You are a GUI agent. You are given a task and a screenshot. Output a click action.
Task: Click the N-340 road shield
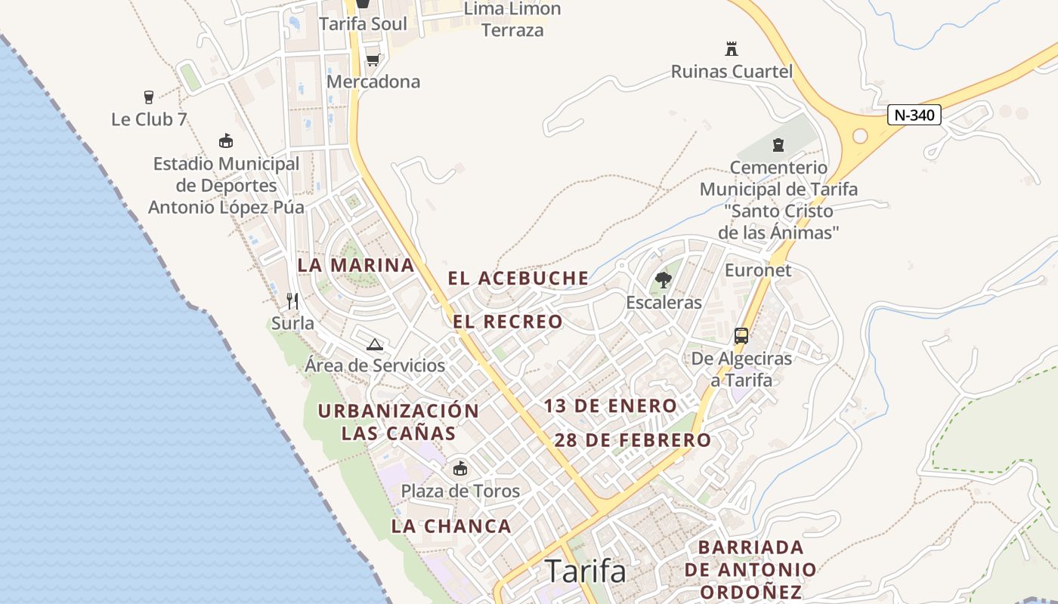click(x=914, y=116)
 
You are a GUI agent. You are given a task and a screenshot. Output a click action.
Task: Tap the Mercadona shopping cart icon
click(x=373, y=60)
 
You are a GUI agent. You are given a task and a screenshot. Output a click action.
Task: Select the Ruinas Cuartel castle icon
click(x=731, y=49)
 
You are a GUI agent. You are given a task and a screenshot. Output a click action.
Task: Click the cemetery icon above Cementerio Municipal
click(x=778, y=145)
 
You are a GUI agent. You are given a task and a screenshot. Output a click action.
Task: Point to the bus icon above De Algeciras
click(x=741, y=336)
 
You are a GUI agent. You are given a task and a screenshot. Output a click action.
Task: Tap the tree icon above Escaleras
click(x=664, y=281)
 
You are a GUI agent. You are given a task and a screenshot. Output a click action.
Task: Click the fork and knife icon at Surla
click(x=292, y=301)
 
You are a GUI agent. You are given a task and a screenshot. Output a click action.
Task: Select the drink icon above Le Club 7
click(x=149, y=97)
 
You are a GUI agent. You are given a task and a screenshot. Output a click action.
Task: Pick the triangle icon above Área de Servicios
click(x=374, y=345)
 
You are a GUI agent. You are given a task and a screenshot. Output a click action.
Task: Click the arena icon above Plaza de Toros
click(x=459, y=469)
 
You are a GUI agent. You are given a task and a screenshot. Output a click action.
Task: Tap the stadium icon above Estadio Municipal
click(x=225, y=141)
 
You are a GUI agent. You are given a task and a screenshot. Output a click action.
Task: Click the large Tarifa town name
click(x=586, y=572)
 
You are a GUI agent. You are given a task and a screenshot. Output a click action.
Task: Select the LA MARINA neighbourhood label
click(x=356, y=265)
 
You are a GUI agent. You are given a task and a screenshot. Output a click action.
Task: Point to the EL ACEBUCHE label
click(x=518, y=278)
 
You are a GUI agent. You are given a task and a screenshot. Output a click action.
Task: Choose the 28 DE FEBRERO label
click(x=633, y=440)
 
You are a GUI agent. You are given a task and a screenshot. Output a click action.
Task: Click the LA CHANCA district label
click(x=451, y=526)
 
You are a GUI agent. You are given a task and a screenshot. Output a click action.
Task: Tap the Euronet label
click(x=758, y=270)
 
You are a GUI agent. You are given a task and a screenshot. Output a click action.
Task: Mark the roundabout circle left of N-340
click(x=860, y=136)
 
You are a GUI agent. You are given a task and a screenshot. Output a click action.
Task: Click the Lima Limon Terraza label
click(x=512, y=20)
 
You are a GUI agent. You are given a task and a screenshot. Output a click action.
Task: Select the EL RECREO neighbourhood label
click(x=508, y=322)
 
